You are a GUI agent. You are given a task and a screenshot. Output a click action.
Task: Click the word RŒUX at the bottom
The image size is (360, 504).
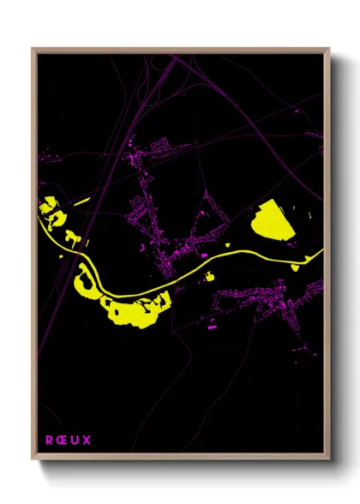coord(68,441)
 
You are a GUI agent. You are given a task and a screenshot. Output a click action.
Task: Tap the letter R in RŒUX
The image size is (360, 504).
coord(49,441)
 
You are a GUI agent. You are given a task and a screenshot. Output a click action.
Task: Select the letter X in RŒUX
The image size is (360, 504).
coord(87,441)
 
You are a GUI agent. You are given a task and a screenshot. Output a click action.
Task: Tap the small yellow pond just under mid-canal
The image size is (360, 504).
coord(209,274)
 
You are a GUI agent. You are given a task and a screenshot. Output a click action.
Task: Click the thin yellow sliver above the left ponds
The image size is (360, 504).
coord(82,201)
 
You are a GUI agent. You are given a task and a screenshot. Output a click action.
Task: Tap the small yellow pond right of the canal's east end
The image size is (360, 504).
coord(295,267)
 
